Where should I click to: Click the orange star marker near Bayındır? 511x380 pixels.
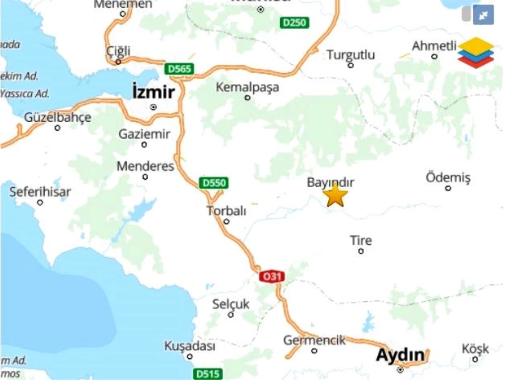click(x=335, y=195)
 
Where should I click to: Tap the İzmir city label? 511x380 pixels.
click(x=153, y=91)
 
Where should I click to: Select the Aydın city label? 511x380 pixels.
click(x=400, y=355)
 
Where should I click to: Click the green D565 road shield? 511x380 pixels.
click(x=179, y=69)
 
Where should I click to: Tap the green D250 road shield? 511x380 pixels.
click(x=294, y=23)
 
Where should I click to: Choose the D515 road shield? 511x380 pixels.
click(x=209, y=374)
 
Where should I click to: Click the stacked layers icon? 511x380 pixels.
click(x=476, y=53)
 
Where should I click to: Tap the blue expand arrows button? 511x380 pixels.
click(x=483, y=15)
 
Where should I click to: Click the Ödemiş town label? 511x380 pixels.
click(x=448, y=177)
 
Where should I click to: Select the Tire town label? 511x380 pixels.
click(x=361, y=241)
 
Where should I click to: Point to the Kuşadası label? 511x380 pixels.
click(x=190, y=346)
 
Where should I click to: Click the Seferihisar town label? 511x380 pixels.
click(x=40, y=192)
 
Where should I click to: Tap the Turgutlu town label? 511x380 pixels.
click(x=351, y=55)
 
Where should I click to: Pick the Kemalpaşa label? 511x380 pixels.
click(x=247, y=87)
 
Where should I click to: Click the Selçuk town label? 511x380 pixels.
click(x=231, y=304)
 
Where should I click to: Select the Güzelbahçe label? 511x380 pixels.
click(x=57, y=117)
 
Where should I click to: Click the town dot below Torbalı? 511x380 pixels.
click(x=227, y=221)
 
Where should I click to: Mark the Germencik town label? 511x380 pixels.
click(x=314, y=340)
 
